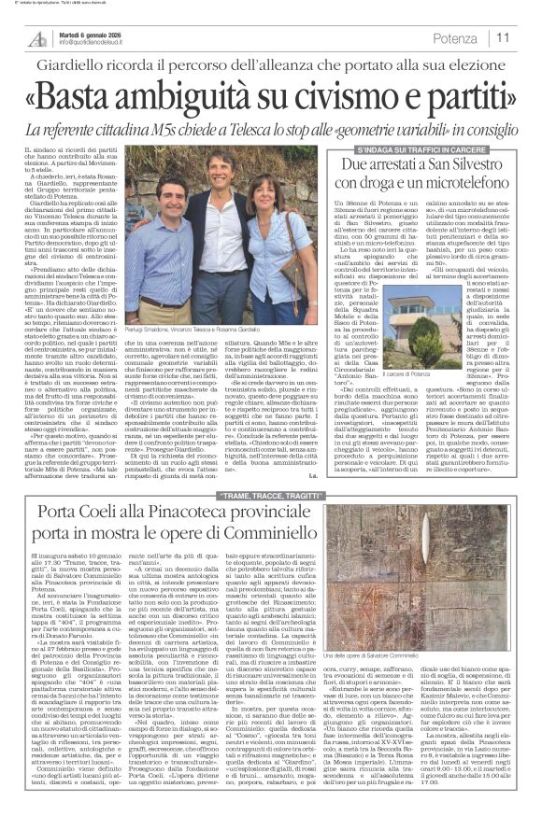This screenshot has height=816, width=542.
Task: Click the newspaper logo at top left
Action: [37, 36]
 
